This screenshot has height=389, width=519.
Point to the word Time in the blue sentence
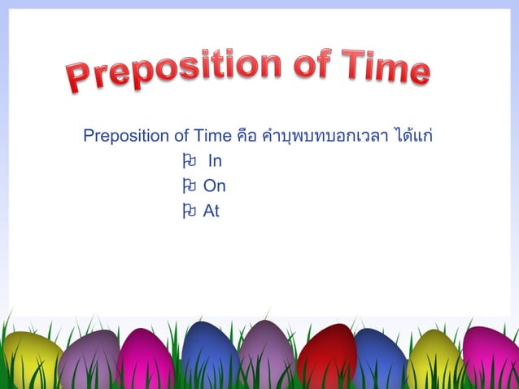tap(212, 134)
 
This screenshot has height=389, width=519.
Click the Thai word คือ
tap(247, 134)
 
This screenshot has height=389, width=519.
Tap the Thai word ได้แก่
tap(413, 133)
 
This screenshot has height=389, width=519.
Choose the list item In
tap(215, 160)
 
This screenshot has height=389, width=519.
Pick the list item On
tap(215, 186)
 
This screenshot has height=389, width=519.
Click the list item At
tap(212, 212)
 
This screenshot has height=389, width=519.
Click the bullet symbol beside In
tap(189, 160)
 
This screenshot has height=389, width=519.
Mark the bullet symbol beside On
tap(189, 186)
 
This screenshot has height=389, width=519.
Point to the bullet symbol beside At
tap(189, 212)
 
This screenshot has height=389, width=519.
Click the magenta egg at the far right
tap(491, 358)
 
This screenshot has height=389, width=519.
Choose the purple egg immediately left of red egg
tap(266, 354)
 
